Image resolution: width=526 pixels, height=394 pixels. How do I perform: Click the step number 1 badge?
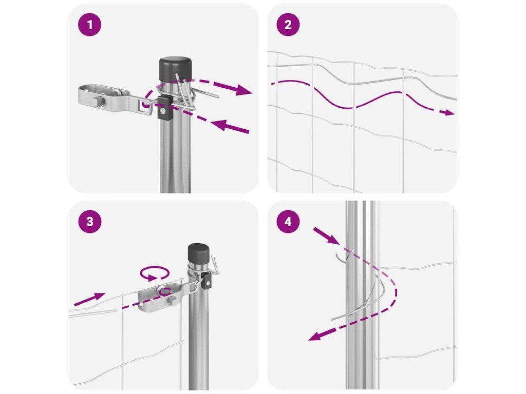pos(89,25)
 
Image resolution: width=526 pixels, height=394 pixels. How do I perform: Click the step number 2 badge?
pos(288,25)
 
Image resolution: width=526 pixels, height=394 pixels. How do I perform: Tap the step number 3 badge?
pos(89,222)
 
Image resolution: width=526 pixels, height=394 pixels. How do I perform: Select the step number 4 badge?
pos(288,222)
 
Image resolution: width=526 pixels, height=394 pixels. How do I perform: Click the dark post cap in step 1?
pos(175,69)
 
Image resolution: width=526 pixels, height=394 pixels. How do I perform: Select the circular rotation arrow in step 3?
pos(154,273)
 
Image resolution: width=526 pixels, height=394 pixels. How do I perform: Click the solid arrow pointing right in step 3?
pos(89,299)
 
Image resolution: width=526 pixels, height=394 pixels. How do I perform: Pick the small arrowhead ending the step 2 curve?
pos(449,113)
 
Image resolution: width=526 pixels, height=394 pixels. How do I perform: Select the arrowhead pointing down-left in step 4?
pos(315,336)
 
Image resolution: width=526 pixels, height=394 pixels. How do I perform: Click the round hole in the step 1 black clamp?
pos(163,111)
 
